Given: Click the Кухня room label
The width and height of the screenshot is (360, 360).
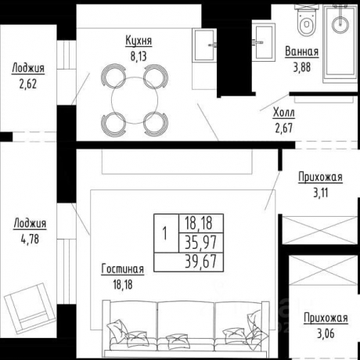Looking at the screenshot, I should coord(139,41).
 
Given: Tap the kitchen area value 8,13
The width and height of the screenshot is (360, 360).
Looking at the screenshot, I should coord(139,55).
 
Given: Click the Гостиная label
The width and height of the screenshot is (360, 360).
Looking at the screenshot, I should coord(122,269).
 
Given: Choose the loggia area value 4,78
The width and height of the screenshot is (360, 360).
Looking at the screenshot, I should coord(29,236).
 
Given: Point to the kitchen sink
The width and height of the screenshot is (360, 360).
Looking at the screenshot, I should coord(205,40).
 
